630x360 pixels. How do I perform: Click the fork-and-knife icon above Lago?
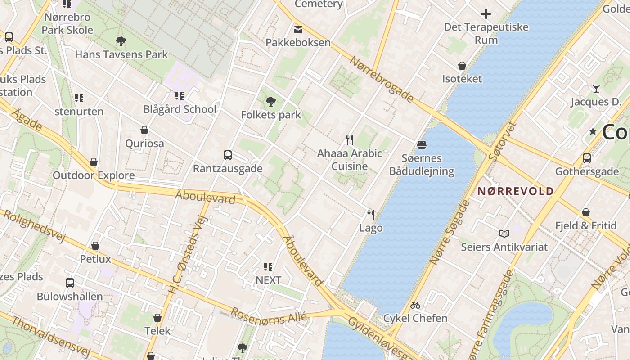(370, 214)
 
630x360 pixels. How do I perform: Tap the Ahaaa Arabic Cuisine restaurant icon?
(349, 139)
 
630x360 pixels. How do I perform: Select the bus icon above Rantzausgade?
(228, 155)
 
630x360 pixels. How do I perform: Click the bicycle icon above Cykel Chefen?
(415, 305)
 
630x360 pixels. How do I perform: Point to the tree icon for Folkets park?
(270, 102)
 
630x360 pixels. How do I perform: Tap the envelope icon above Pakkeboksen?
(298, 30)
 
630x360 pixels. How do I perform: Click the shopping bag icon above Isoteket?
(462, 66)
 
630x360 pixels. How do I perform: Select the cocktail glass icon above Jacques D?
(596, 89)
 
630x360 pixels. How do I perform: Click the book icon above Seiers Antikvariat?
(504, 234)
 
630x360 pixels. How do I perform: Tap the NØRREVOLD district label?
(515, 191)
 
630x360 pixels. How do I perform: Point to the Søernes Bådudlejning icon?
(422, 145)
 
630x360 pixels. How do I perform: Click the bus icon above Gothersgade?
(586, 158)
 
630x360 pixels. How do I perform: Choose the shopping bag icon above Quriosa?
(144, 130)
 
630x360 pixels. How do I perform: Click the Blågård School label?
(180, 109)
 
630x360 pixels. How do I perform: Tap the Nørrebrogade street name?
(382, 79)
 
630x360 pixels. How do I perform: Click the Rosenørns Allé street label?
(269, 316)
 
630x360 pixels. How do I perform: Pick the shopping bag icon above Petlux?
(95, 246)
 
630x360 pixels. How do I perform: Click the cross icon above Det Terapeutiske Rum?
(486, 14)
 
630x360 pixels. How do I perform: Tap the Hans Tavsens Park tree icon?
(121, 41)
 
